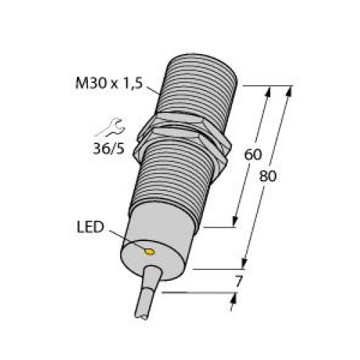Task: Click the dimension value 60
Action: (x=253, y=155)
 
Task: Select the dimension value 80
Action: (x=268, y=176)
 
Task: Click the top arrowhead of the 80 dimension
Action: (x=291, y=91)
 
